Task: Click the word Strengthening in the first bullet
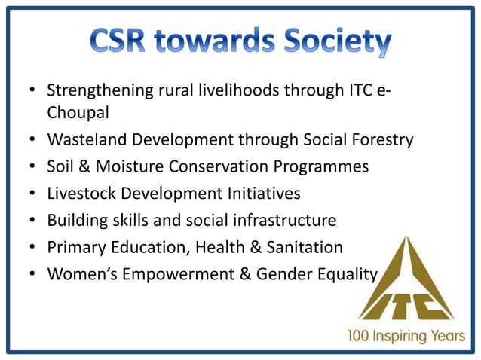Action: (102, 91)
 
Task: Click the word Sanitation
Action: (305, 247)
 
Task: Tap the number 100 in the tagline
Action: (359, 336)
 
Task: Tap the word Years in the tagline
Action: (450, 336)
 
